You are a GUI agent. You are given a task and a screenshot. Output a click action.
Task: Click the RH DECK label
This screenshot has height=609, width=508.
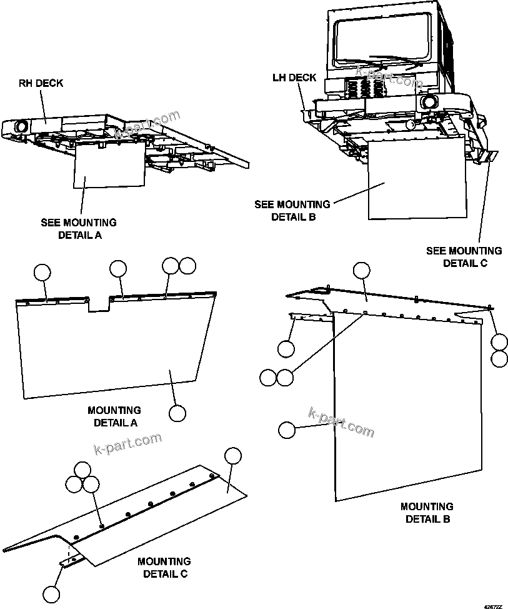(x=41, y=83)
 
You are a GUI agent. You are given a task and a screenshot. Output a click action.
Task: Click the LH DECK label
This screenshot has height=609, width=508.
(x=294, y=78)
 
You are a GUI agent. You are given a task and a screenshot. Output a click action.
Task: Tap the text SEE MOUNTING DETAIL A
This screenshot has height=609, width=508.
(x=79, y=229)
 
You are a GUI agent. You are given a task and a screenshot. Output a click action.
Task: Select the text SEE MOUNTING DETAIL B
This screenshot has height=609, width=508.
(x=292, y=211)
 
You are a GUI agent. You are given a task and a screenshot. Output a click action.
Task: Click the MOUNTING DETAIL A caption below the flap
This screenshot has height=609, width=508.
(x=115, y=416)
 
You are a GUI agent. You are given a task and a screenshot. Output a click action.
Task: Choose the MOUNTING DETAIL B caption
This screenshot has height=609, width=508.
(x=427, y=513)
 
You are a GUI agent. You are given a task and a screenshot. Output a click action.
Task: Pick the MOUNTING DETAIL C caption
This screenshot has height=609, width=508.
(x=164, y=568)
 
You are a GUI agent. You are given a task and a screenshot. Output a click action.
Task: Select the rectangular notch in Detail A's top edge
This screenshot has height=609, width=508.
(x=99, y=303)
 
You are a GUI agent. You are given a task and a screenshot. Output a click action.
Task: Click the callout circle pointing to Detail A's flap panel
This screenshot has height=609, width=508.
(x=177, y=413)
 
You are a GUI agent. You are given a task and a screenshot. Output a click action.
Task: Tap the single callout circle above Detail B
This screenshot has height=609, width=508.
(x=362, y=270)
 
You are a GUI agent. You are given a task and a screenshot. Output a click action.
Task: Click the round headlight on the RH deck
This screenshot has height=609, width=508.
(x=21, y=126)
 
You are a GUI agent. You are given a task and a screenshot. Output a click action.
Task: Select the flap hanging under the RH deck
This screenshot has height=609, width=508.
(x=109, y=166)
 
